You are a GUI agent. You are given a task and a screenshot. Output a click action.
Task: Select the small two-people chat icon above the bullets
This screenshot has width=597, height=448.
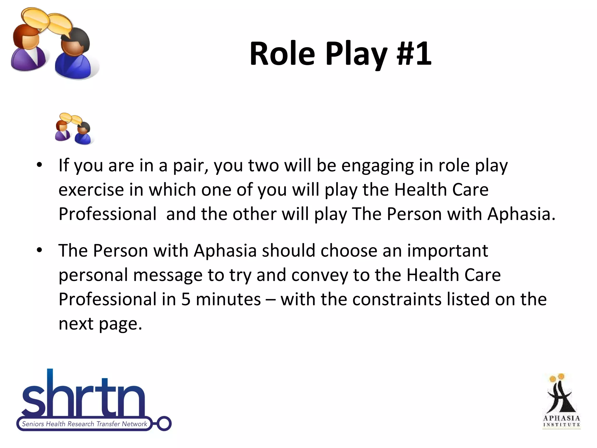73,129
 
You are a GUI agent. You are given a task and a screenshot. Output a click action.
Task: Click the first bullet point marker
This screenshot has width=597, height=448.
39,165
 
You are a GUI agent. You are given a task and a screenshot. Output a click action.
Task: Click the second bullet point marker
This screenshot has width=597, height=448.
39,250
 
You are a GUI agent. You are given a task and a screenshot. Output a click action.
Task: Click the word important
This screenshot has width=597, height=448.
447,251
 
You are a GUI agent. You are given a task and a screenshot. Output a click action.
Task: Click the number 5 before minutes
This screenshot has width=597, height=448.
186,299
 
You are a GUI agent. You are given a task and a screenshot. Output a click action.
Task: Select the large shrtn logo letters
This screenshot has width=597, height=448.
83,397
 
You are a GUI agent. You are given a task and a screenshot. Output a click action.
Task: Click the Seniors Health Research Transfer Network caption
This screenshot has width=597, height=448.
85,424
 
